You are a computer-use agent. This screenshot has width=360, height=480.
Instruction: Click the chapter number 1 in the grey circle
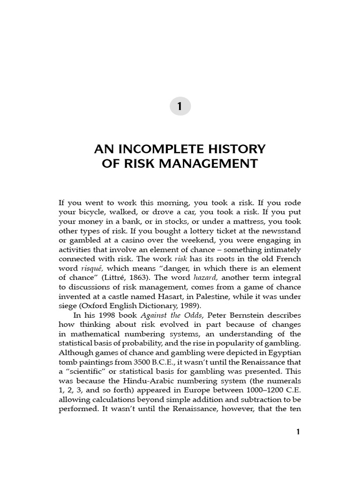(x=180, y=107)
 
